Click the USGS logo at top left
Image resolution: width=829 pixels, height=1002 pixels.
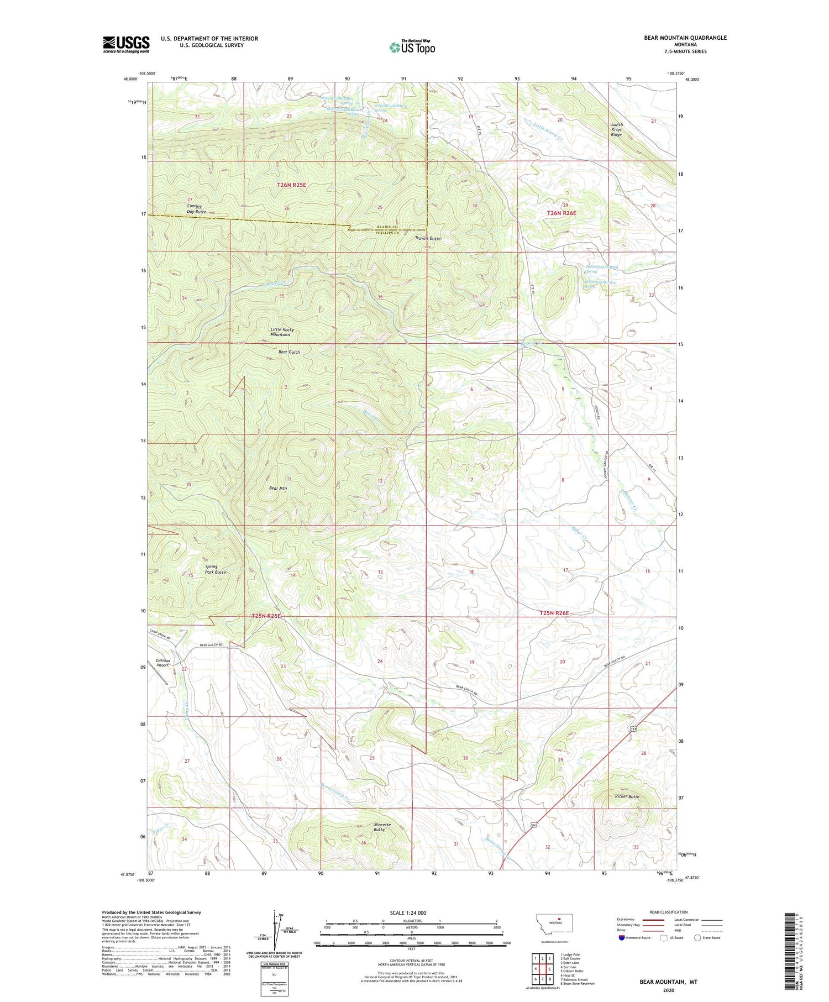click(x=126, y=44)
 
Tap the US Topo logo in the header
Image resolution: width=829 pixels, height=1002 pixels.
click(x=412, y=47)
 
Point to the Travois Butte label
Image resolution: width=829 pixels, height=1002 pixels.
click(x=428, y=238)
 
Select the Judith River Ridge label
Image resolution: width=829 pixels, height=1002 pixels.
click(x=616, y=129)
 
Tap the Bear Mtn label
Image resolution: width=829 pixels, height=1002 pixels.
click(x=278, y=488)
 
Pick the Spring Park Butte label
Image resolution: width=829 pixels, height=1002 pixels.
click(x=215, y=569)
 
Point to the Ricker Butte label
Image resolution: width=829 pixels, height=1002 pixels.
click(x=627, y=796)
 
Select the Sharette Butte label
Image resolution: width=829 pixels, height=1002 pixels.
click(x=382, y=827)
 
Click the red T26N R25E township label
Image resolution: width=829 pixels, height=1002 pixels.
click(x=291, y=185)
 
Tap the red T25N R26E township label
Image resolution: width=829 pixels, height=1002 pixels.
click(x=554, y=613)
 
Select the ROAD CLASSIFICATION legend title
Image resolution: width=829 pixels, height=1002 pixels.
click(x=668, y=912)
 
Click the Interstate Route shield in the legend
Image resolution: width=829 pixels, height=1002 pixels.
click(x=621, y=938)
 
